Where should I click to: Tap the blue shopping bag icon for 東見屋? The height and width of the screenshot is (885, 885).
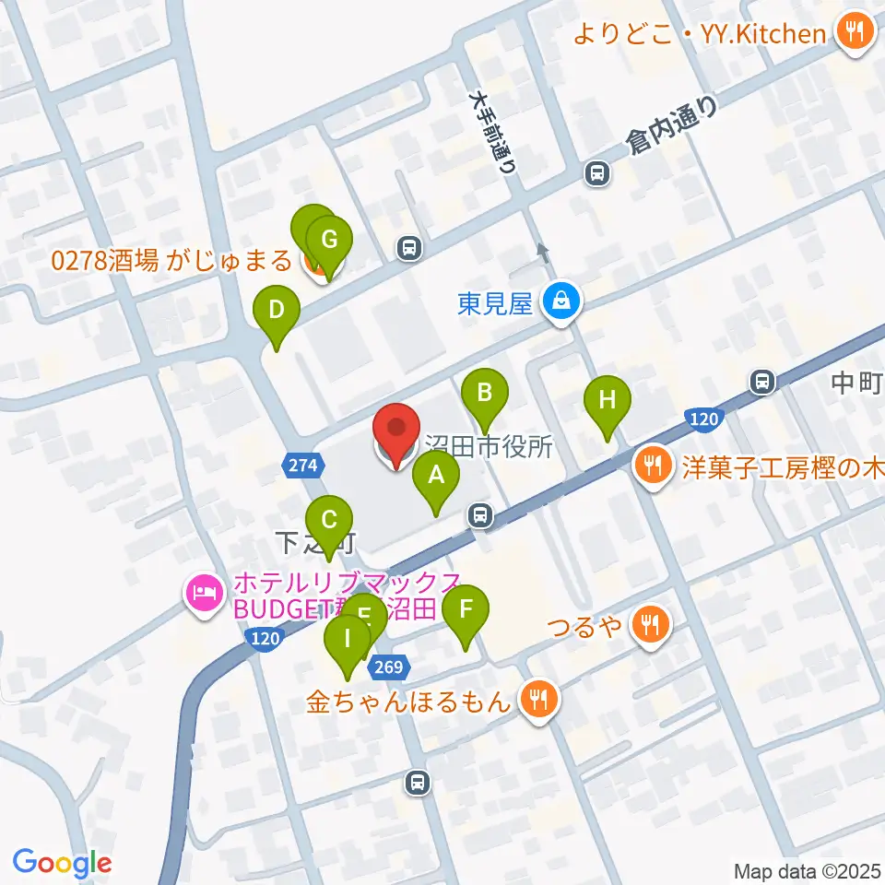[x=560, y=301]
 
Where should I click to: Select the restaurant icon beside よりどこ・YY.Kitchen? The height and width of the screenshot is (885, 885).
[x=853, y=33]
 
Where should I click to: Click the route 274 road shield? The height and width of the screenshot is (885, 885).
[x=304, y=466]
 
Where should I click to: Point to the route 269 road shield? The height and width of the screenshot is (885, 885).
[x=388, y=667]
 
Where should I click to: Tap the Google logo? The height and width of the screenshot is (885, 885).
[x=63, y=863]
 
